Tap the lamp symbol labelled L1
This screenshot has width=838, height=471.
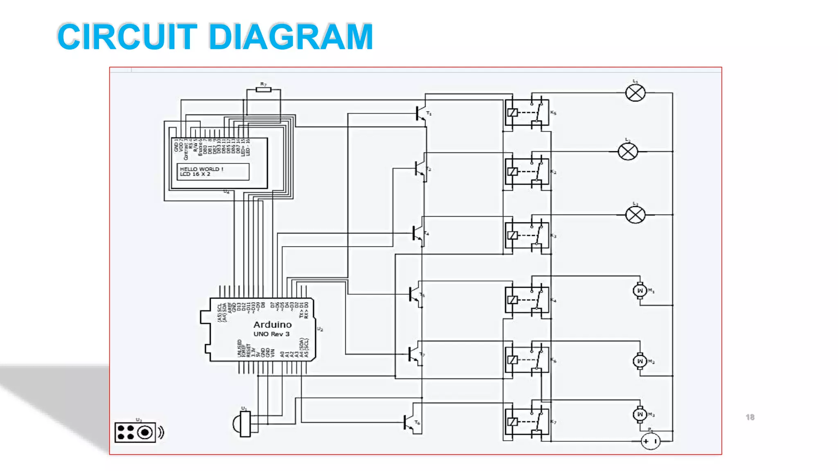(635, 93)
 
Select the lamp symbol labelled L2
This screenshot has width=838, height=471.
(627, 152)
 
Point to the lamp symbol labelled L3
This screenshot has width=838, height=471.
(635, 215)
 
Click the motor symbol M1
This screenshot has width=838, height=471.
(640, 291)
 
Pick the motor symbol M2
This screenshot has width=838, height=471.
(640, 361)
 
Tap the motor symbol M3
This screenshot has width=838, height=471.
(640, 414)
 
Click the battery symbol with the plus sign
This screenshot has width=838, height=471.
(650, 441)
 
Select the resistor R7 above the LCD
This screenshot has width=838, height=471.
(264, 90)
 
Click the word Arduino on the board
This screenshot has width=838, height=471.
(273, 325)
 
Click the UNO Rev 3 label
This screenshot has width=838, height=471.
(271, 334)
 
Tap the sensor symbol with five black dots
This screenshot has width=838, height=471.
(135, 433)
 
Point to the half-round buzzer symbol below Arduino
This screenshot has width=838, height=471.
(242, 424)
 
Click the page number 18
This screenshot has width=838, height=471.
(750, 417)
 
